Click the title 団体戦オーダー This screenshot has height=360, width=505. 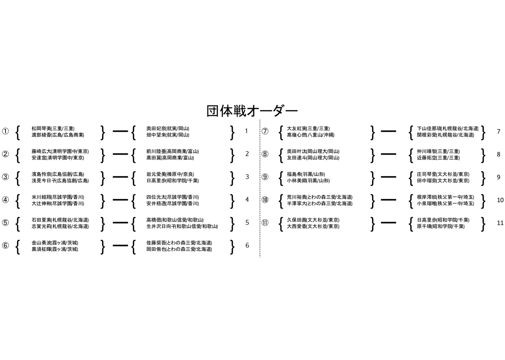(x=252, y=111)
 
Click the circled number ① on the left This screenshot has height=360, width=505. (x=5, y=132)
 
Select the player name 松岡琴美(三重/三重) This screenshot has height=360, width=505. (x=53, y=129)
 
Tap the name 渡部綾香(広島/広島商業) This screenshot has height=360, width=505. (x=58, y=135)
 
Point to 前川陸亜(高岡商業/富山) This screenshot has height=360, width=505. (x=172, y=151)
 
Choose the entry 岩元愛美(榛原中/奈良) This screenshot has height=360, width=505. (x=170, y=174)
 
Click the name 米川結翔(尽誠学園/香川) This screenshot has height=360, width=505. (x=58, y=197)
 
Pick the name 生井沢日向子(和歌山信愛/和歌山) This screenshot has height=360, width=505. (x=182, y=226)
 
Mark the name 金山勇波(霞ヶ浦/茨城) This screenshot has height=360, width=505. (x=55, y=243)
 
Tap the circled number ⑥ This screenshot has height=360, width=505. (x=5, y=245)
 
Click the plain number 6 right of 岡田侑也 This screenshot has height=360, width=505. (x=247, y=245)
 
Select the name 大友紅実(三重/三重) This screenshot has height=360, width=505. (x=308, y=129)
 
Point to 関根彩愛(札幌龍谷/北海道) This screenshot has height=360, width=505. (x=445, y=135)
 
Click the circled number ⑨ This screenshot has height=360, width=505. (x=265, y=177)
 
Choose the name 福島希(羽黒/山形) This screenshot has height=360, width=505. (x=306, y=174)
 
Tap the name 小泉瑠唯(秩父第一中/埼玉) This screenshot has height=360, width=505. (x=445, y=203)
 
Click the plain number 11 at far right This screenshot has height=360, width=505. (x=500, y=223)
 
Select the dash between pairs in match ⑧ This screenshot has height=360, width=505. (x=388, y=154)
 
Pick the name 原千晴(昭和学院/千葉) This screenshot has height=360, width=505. (x=441, y=226)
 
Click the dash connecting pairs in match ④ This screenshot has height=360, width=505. (x=120, y=200)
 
